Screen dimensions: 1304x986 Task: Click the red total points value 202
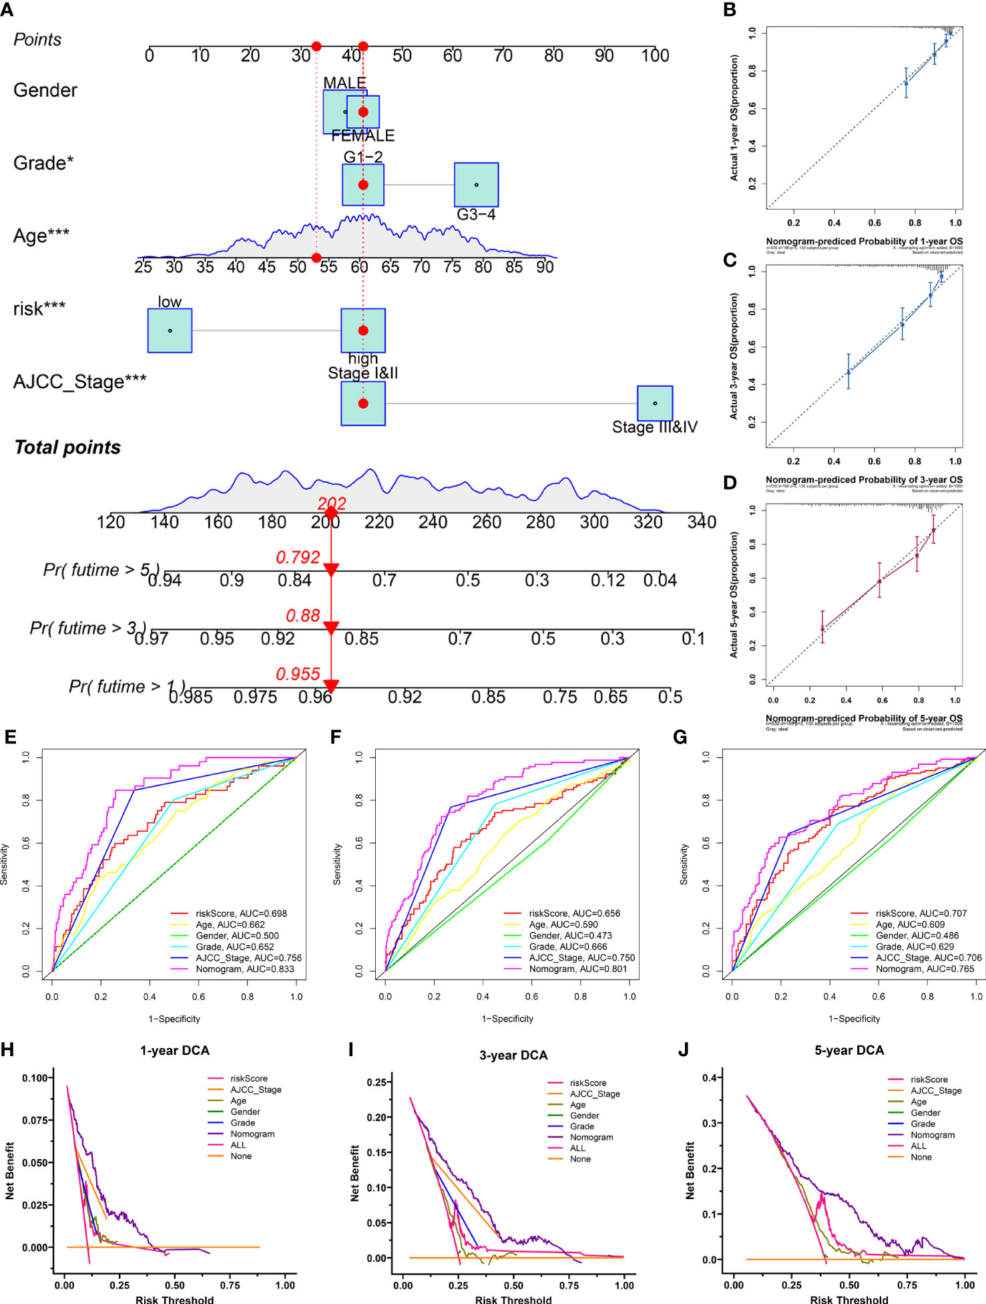tap(332, 504)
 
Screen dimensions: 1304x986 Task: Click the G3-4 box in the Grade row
tap(476, 185)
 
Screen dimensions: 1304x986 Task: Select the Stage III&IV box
tap(655, 403)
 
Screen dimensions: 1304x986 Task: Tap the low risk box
tap(170, 331)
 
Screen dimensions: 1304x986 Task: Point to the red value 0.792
tap(298, 557)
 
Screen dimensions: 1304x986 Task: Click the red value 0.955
tap(298, 674)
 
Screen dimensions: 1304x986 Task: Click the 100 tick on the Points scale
tap(655, 55)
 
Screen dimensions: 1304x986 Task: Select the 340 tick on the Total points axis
tap(702, 522)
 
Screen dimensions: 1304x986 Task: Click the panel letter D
tap(730, 482)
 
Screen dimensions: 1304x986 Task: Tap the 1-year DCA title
tap(175, 1050)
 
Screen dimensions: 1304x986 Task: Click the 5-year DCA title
tap(849, 1050)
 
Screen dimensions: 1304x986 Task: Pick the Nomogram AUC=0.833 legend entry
tap(244, 969)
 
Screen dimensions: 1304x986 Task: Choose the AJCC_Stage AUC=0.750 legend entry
tap(581, 957)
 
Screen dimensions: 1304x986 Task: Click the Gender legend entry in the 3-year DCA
tap(584, 1116)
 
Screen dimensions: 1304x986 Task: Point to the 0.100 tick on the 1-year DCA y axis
tap(35, 1078)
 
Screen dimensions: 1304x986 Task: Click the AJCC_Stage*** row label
tap(80, 381)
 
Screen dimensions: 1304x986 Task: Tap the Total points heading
tap(67, 448)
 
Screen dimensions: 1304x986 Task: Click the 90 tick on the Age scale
tap(545, 267)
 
